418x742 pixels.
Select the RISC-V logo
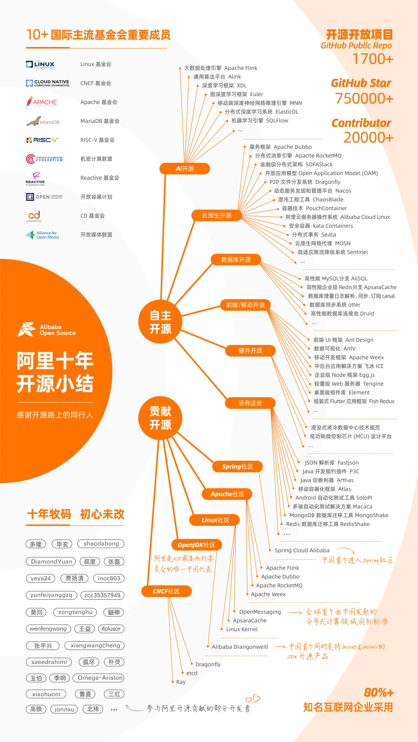tap(42, 140)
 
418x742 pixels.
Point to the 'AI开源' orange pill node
tap(185, 169)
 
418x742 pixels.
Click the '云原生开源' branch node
tap(216, 215)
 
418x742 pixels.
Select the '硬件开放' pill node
tap(250, 351)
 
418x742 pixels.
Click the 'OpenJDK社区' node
tap(196, 545)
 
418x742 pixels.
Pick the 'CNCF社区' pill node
tap(166, 591)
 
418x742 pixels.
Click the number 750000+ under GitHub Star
tap(364, 99)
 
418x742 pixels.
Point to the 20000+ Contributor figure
tap(368, 137)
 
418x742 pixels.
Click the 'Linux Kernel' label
tap(242, 629)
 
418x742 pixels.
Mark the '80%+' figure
tap(378, 692)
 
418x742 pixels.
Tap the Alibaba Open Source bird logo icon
tap(27, 329)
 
